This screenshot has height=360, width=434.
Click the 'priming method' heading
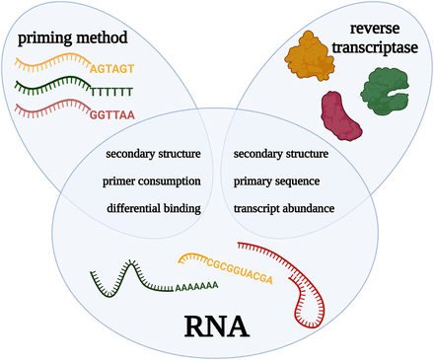[x=73, y=38]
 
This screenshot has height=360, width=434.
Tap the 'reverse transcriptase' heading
[x=375, y=38]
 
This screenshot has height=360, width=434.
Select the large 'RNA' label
[x=216, y=326]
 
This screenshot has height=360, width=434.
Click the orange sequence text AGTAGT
[x=112, y=69]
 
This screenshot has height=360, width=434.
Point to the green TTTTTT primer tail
[x=112, y=92]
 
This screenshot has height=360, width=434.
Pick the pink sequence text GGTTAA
[x=112, y=115]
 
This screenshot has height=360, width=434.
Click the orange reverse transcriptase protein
[x=310, y=56]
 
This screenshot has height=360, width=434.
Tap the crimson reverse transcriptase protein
[x=341, y=116]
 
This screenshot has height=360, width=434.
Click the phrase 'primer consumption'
[x=152, y=181]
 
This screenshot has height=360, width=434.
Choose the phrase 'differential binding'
[x=154, y=208]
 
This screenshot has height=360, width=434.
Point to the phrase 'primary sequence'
[x=276, y=181]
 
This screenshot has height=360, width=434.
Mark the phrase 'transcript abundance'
[x=284, y=208]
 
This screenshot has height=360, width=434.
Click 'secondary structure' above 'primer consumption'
[x=153, y=154]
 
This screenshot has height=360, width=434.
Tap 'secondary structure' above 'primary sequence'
[x=281, y=154]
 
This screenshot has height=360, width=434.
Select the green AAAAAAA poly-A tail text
[x=196, y=286]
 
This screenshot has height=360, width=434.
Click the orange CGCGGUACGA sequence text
[x=240, y=270]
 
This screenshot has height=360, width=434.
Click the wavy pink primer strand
[x=52, y=108]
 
